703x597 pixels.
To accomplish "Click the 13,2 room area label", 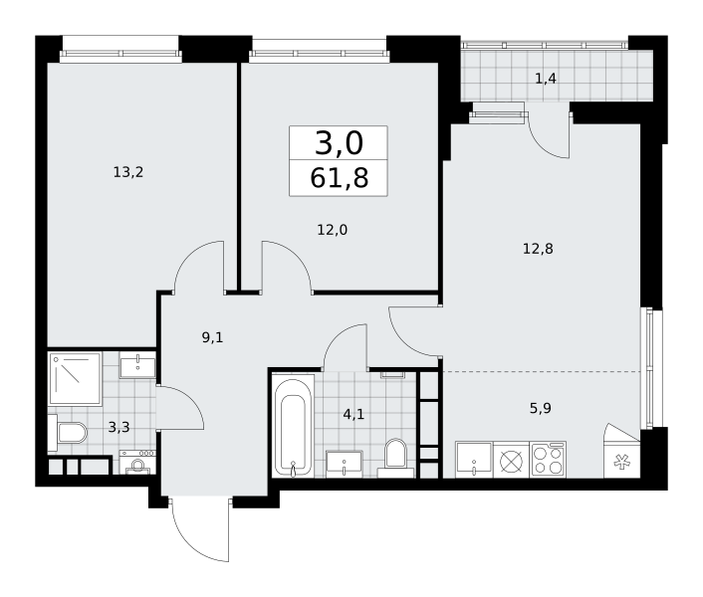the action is tap(128, 172).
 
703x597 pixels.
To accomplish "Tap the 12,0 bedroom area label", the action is tap(333, 230).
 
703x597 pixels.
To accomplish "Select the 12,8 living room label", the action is tap(538, 249).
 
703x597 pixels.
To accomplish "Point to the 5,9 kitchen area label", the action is tap(541, 409).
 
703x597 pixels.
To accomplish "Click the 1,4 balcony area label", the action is tap(546, 79).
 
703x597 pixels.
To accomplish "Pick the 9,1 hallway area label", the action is tap(212, 337).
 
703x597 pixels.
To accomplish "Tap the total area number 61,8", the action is tap(339, 178).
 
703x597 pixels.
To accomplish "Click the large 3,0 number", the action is tap(339, 143).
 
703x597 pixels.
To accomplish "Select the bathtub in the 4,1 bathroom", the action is tap(293, 427).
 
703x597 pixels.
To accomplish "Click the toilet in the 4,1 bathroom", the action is tap(395, 457).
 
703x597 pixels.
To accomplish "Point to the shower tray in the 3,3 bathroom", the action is tap(75, 379).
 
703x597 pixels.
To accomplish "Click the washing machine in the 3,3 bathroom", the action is tap(137, 463).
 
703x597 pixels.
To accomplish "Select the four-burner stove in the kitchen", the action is tap(548, 460).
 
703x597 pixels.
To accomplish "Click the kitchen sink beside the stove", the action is tap(474, 460).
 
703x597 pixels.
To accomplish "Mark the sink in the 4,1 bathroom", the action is tap(344, 464).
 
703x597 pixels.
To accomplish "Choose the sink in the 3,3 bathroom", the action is tap(137, 365).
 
